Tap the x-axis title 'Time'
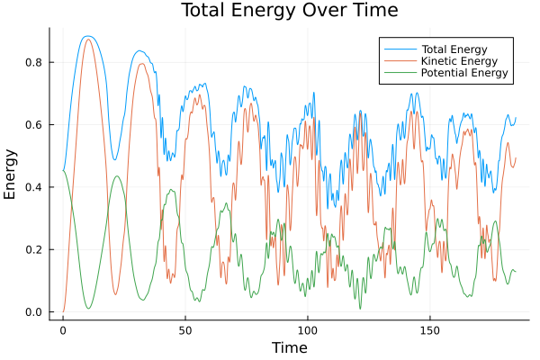[290, 347]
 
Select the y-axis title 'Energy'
[11, 174]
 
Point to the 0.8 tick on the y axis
[34, 62]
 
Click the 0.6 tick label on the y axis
[34, 124]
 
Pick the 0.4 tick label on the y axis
[34, 187]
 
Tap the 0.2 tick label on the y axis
[34, 249]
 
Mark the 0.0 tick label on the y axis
[34, 312]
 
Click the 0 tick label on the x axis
[63, 329]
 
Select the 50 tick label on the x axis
[185, 329]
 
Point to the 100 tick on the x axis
[308, 329]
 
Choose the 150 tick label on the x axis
[430, 329]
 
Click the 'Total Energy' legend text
[453, 48]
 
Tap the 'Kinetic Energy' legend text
[456, 60]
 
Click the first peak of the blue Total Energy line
[87, 36]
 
